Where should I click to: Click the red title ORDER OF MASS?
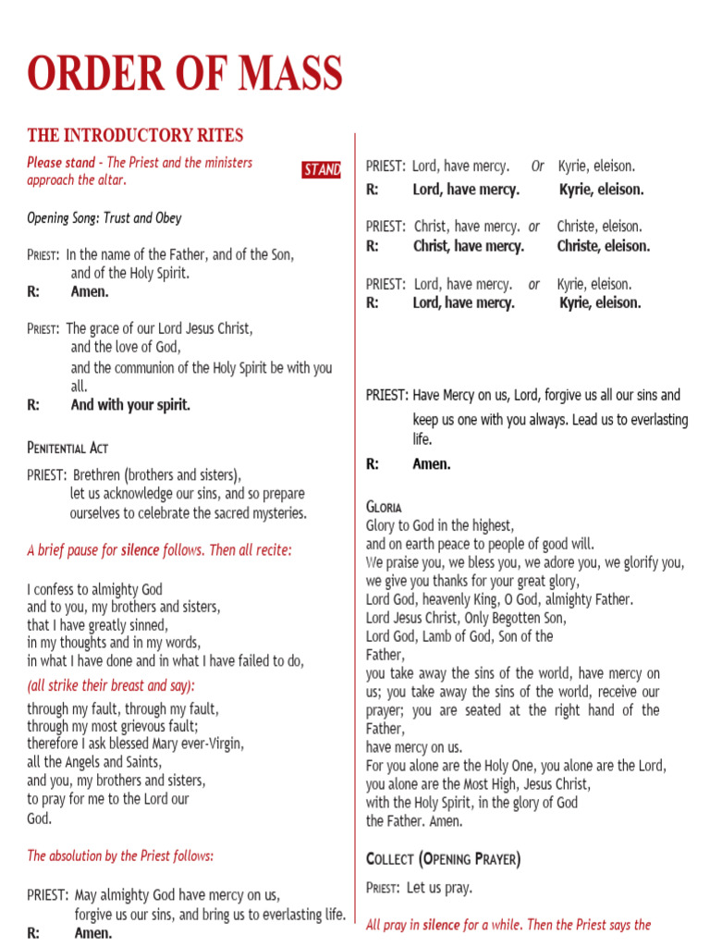click(185, 74)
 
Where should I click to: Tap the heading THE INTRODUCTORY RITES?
click(135, 136)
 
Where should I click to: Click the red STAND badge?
click(322, 170)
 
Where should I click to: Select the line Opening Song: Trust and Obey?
click(104, 218)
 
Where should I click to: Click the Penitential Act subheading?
click(67, 448)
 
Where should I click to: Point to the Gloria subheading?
click(384, 508)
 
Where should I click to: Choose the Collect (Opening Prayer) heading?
click(443, 859)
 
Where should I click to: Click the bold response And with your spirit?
click(130, 405)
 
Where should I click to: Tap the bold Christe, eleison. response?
click(603, 246)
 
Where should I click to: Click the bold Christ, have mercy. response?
click(468, 246)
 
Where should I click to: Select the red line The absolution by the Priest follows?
click(120, 855)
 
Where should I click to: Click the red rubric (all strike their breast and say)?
click(111, 686)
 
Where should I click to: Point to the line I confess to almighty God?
click(94, 589)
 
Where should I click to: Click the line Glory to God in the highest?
click(439, 525)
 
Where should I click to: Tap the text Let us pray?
click(439, 888)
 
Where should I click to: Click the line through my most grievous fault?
click(113, 726)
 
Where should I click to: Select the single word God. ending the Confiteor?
click(40, 818)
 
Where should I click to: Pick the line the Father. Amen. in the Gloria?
click(414, 820)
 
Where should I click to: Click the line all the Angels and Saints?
click(94, 762)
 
